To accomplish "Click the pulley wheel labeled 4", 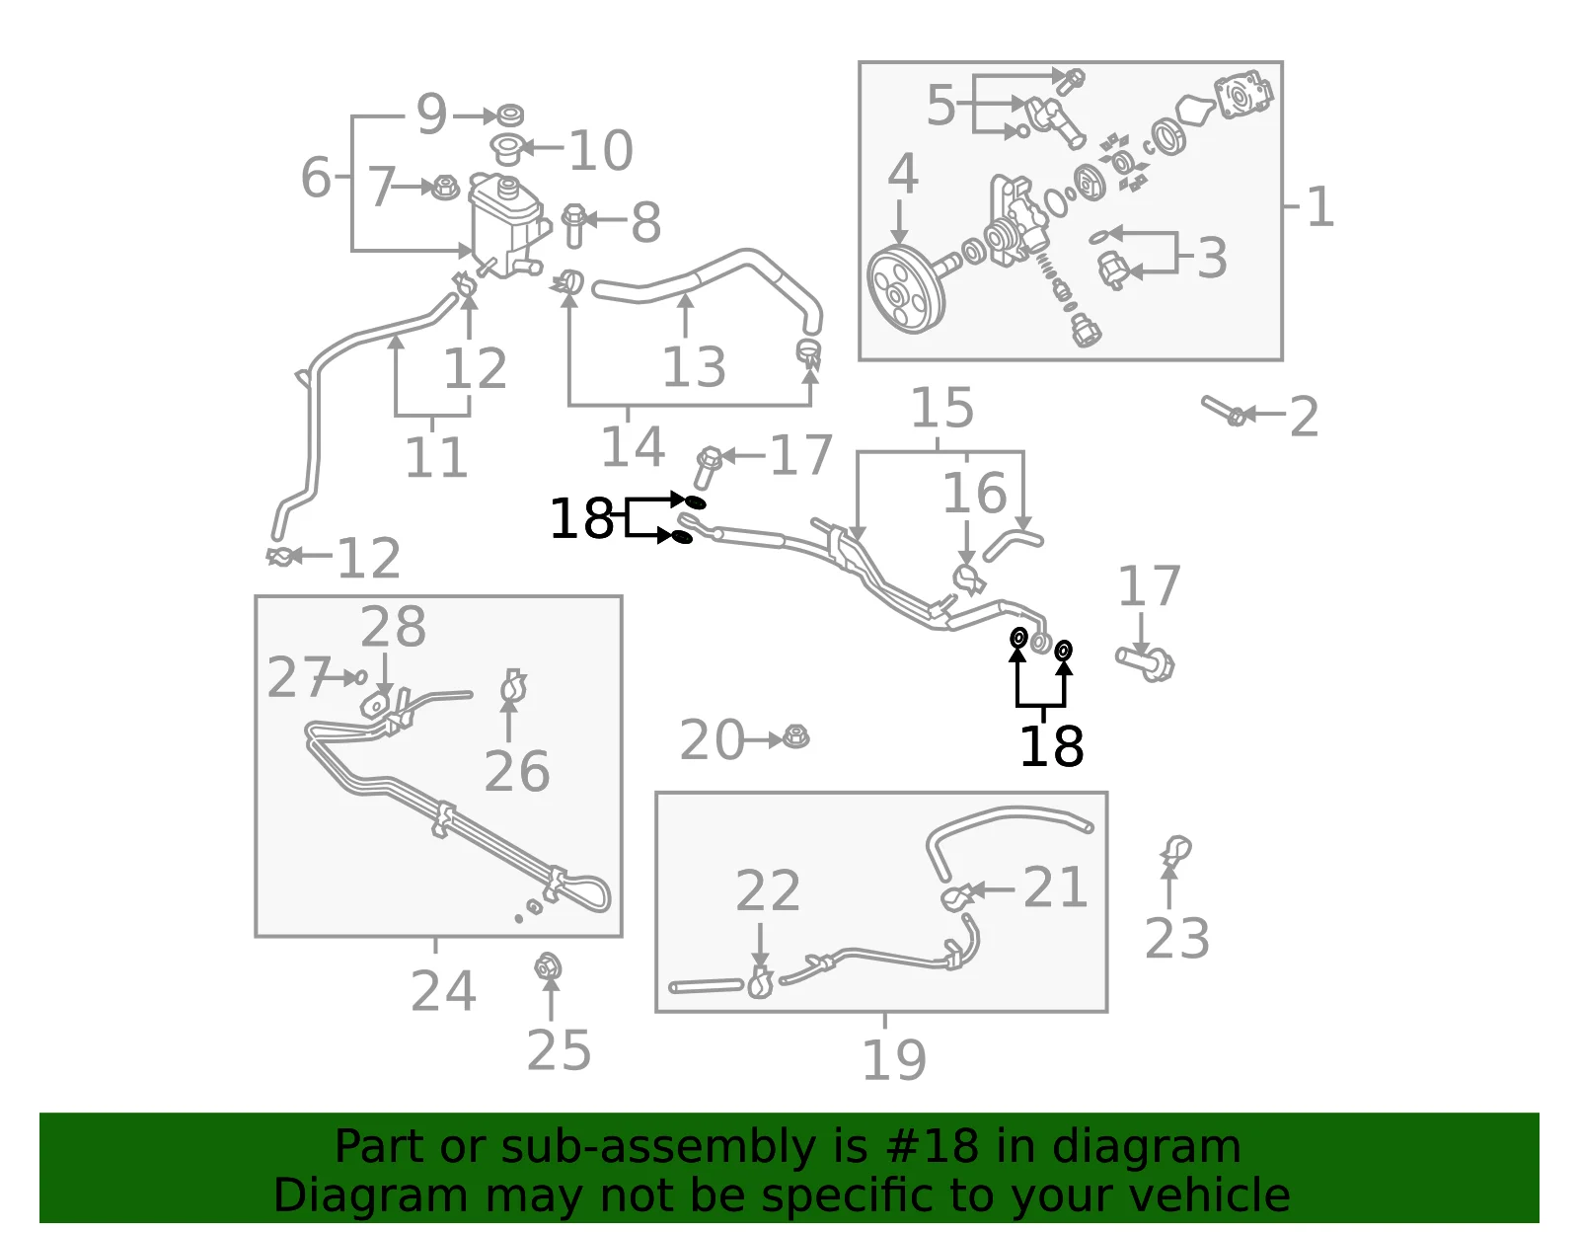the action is pos(906,287).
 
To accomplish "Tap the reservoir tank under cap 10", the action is pos(506,225).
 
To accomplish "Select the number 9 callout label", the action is pos(431,115).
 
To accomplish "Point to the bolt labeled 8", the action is pos(574,225).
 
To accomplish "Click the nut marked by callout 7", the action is pos(445,188).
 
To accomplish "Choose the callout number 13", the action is pos(694,367).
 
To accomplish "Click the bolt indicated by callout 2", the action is pos(1225,411).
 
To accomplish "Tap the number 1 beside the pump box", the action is pos(1320,207).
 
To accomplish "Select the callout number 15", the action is pos(941,408).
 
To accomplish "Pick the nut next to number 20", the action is pos(796,737).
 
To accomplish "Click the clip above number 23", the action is pos(1175,849).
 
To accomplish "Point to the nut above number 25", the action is pos(547,967).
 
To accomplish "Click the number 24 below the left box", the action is pos(443,991).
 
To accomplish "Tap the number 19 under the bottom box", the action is pos(894,1060).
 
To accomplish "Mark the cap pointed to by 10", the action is pos(506,149).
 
